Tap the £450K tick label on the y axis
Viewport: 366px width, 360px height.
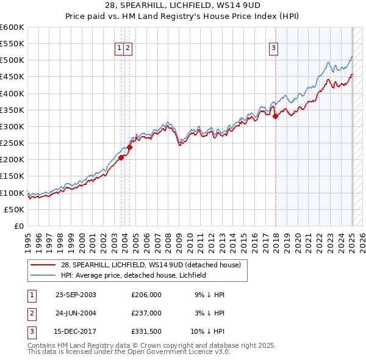pyautogui.click(x=12, y=77)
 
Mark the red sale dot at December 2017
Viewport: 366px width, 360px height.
pyautogui.click(x=275, y=116)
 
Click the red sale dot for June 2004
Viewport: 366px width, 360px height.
pyautogui.click(x=129, y=147)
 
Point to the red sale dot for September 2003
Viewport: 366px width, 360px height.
pyautogui.click(x=121, y=157)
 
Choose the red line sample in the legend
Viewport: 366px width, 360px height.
pyautogui.click(x=43, y=265)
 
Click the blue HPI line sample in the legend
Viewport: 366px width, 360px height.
pyautogui.click(x=43, y=275)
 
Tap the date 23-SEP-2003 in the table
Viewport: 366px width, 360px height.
pyautogui.click(x=76, y=295)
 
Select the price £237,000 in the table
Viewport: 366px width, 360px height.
pyautogui.click(x=146, y=312)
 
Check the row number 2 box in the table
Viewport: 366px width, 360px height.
pyautogui.click(x=31, y=312)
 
